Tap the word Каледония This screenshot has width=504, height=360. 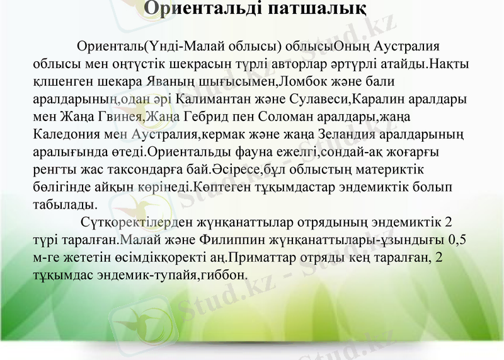tap(62, 135)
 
